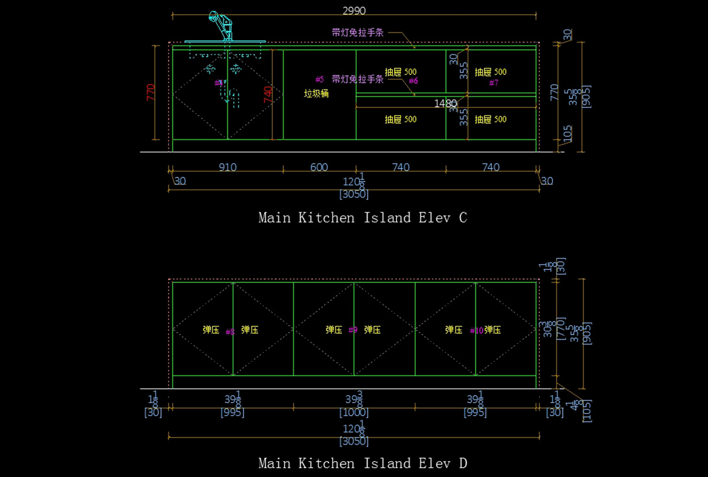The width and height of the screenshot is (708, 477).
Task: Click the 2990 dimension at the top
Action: [x=354, y=11]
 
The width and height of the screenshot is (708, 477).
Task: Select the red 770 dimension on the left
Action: [x=150, y=93]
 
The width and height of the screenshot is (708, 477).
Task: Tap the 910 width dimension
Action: [x=227, y=167]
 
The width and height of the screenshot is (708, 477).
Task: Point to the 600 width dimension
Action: [x=319, y=167]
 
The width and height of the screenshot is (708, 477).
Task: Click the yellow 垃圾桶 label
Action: [x=316, y=94]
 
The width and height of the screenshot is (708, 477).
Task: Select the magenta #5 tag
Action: [x=320, y=79]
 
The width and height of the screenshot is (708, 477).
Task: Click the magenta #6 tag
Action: [x=413, y=81]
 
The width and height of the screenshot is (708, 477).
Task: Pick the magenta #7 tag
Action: [x=494, y=83]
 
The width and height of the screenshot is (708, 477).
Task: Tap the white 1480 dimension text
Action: [x=445, y=103]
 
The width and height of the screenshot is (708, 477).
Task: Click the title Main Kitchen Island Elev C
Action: [x=363, y=218]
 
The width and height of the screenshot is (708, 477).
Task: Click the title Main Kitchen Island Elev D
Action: [x=363, y=463]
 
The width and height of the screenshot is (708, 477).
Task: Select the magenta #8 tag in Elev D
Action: [x=230, y=332]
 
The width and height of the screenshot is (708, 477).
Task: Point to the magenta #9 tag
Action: [x=353, y=330]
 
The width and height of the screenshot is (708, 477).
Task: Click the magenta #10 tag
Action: [x=477, y=331]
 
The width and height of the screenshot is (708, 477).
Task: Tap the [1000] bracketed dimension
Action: [x=354, y=413]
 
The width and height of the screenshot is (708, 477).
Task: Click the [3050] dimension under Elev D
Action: [x=354, y=441]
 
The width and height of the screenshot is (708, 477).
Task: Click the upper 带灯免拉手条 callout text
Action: [x=358, y=32]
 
